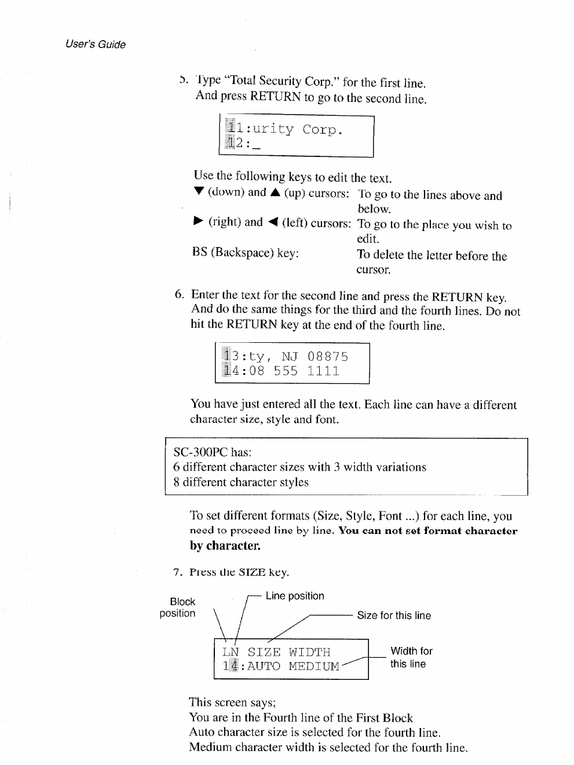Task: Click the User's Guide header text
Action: pos(96,45)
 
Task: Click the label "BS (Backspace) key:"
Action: pos(246,253)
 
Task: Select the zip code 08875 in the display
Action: pos(328,356)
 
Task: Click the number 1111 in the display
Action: pos(323,371)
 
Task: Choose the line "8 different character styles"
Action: pos(240,482)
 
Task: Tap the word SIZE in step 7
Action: pos(252,573)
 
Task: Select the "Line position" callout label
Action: pos(295,596)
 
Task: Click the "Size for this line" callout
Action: pos(394,616)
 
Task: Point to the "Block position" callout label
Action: pos(178,607)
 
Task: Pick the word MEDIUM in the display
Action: pos(314,667)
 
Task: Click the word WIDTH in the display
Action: pos(309,652)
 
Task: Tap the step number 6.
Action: pos(180,294)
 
